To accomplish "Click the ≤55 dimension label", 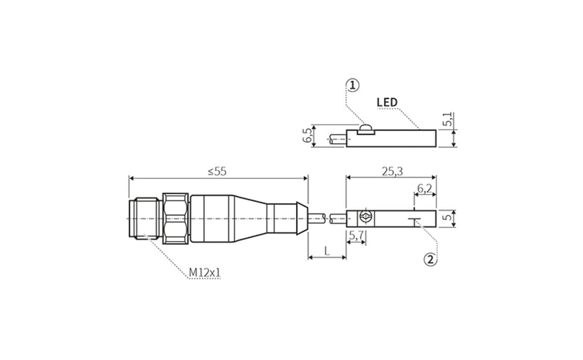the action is (x=217, y=171).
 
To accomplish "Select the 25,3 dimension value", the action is (x=392, y=171).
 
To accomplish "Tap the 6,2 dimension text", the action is (x=425, y=189).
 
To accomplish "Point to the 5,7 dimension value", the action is (x=356, y=235).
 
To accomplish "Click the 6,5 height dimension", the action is (x=307, y=136).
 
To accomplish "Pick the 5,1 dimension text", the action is (x=448, y=120).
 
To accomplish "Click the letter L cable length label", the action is (x=327, y=251).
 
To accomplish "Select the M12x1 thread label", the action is (x=205, y=273).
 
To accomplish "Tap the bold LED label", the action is (x=387, y=103).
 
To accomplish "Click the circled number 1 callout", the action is (x=353, y=86).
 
